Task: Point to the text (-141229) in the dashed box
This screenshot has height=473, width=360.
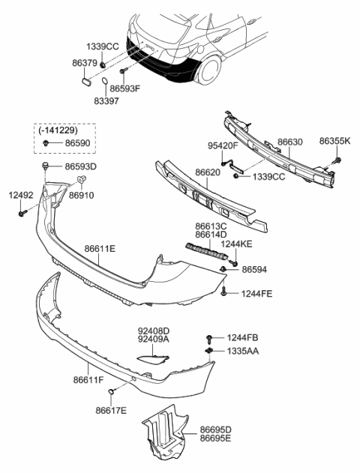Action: pos(61,129)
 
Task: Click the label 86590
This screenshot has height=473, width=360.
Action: pos(76,142)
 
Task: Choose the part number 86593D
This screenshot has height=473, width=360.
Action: pos(80,166)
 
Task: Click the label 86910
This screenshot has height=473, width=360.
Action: pos(82,194)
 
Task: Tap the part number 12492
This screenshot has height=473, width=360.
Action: pos(21,195)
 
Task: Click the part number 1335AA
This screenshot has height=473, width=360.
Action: pos(243,351)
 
